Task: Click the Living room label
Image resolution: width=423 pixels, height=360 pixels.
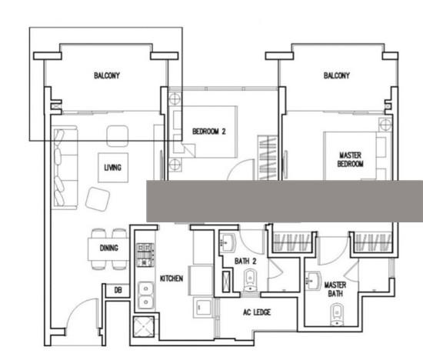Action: coord(113,168)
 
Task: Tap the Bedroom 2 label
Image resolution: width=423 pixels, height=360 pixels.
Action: coord(208,132)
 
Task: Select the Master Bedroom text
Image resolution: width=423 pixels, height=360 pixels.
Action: coord(350,159)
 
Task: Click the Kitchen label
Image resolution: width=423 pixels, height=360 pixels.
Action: coord(172,278)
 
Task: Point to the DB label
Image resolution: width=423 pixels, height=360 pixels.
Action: coord(118,290)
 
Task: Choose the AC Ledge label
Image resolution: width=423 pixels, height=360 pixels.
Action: coord(257,312)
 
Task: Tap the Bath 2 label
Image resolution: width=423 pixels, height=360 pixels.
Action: coord(245,262)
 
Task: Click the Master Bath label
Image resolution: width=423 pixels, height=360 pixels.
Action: coord(335,289)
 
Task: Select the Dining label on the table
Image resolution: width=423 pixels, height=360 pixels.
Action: coord(109,248)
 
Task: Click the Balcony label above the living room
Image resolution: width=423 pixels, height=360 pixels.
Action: coord(107,75)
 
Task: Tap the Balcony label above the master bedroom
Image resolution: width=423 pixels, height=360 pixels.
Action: coord(337,75)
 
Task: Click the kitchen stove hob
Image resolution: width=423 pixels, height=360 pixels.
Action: coord(145,255)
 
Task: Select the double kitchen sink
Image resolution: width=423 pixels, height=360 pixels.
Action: coord(145,295)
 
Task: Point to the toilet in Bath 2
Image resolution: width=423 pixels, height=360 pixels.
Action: coord(251,281)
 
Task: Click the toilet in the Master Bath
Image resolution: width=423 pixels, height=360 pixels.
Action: coord(337,315)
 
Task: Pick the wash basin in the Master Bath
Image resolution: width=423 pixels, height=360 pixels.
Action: coord(313,281)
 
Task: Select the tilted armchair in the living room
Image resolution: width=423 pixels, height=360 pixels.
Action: coord(98,199)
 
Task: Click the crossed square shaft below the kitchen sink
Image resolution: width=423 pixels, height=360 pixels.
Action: coord(144,326)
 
